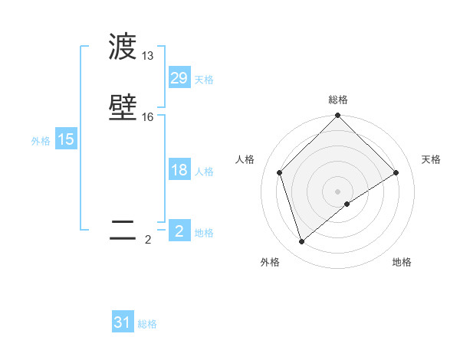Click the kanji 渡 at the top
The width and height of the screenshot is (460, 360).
tap(123, 47)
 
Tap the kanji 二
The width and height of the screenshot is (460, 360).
tap(123, 230)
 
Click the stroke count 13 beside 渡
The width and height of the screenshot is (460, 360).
tap(148, 56)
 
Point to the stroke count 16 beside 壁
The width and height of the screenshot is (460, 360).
tap(148, 116)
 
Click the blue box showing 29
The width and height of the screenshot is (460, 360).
tap(179, 78)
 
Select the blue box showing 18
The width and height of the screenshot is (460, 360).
tap(179, 170)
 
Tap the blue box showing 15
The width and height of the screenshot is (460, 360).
tap(66, 139)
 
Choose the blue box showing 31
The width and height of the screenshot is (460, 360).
tap(123, 322)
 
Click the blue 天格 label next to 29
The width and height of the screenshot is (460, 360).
tap(204, 80)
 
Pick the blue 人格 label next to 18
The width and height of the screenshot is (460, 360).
tap(204, 172)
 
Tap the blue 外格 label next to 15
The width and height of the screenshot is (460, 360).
tap(41, 141)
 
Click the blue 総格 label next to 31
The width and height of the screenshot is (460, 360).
tap(147, 324)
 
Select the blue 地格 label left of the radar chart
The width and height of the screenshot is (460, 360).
tap(204, 233)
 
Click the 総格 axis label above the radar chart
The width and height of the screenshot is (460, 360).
tap(338, 100)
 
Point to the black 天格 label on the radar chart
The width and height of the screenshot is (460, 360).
tap(432, 159)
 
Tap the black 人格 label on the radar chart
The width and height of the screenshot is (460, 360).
tap(245, 159)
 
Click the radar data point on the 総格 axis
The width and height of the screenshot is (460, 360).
tap(338, 116)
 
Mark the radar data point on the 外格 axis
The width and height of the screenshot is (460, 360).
tap(301, 242)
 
